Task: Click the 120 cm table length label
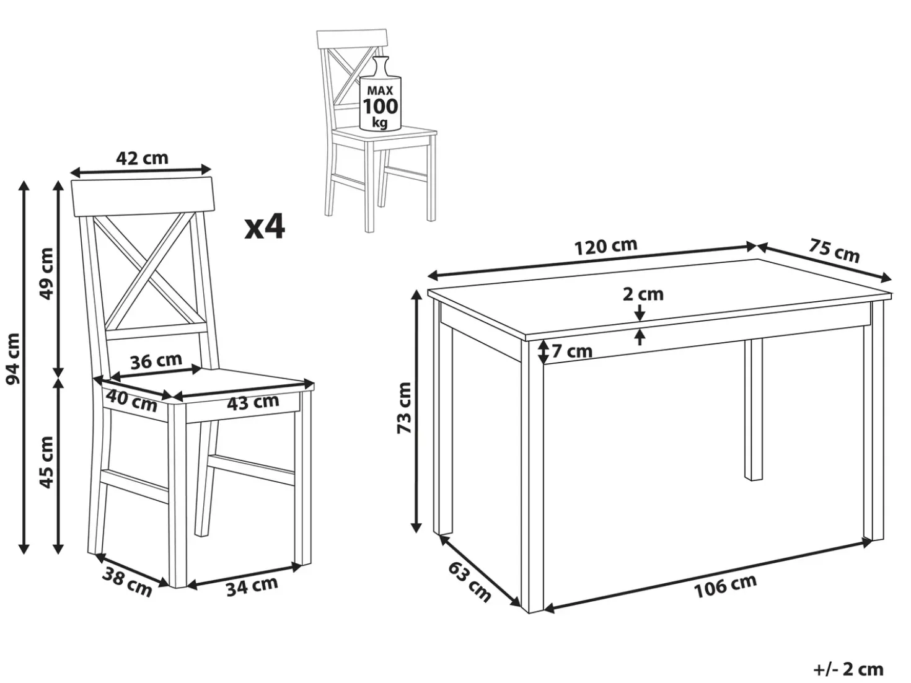605,247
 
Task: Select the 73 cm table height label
404,408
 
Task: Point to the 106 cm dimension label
725,586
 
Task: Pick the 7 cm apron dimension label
572,351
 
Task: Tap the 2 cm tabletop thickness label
643,294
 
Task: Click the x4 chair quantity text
265,227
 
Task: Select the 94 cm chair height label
13,358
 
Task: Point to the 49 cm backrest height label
46,274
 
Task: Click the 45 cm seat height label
46,462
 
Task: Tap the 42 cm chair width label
142,158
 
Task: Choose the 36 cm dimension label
156,361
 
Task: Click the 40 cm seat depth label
131,401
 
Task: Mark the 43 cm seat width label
253,402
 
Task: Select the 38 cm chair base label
127,582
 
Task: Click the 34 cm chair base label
252,586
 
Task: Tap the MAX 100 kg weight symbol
380,94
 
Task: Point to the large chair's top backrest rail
143,198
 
